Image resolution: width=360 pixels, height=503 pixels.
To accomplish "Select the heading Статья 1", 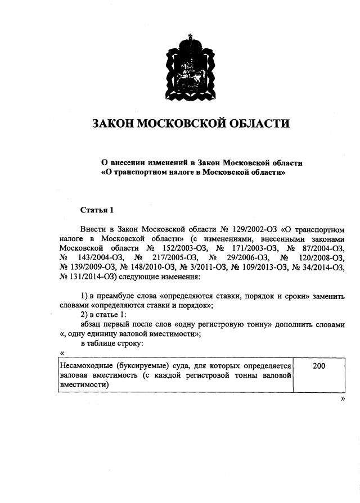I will pyautogui.click(x=97, y=210).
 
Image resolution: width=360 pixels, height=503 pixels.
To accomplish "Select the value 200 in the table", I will pyautogui.click(x=318, y=366).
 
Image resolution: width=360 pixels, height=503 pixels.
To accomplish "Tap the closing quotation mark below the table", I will pyautogui.click(x=342, y=398).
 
